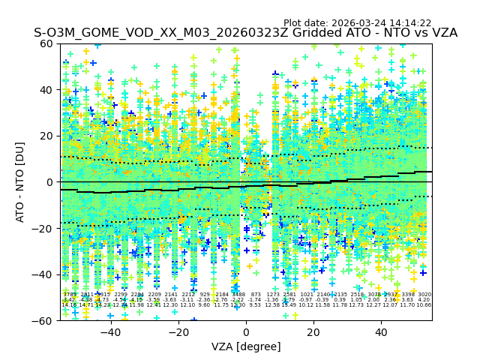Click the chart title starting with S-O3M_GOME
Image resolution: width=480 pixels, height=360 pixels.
point(245,33)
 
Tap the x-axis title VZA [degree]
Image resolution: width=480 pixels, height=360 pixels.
point(246,346)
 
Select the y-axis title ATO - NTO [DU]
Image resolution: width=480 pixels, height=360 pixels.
point(20,181)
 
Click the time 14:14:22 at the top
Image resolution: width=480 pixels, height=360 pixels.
point(411,23)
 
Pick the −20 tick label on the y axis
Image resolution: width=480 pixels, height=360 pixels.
point(44,228)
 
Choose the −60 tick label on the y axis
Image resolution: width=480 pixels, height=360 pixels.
point(44,320)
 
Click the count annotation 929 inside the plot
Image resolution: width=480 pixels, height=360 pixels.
point(205,295)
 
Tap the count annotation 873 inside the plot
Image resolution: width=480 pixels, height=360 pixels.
point(256,295)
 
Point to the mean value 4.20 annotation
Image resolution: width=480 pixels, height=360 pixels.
point(424,300)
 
